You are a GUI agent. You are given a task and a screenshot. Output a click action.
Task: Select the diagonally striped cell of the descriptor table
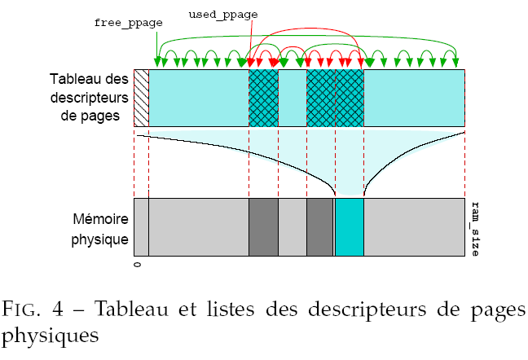click(141, 98)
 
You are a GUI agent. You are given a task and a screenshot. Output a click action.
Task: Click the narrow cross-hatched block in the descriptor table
click(263, 98)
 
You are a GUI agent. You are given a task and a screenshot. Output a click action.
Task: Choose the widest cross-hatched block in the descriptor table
click(335, 98)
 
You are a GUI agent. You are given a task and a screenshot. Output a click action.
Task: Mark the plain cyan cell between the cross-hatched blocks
click(292, 98)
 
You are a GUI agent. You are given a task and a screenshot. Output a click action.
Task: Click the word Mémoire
click(98, 220)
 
